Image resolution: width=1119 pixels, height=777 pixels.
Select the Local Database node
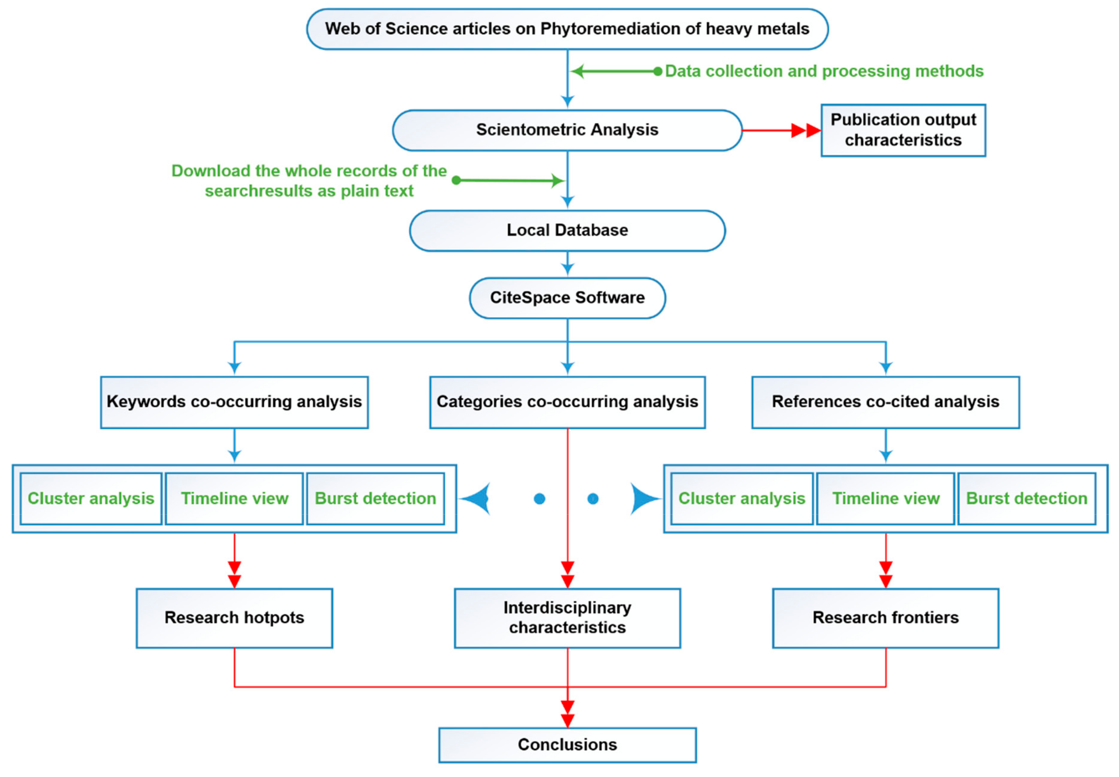[567, 230]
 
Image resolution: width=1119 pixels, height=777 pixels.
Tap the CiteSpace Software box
[567, 298]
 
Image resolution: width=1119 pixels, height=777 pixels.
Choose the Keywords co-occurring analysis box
[234, 402]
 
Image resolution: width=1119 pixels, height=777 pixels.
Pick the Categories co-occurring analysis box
[567, 402]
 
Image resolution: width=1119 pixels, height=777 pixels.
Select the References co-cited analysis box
[885, 402]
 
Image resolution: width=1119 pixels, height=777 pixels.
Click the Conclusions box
[567, 745]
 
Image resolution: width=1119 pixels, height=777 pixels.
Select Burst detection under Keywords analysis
[375, 499]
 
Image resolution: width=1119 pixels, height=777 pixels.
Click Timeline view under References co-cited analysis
[885, 499]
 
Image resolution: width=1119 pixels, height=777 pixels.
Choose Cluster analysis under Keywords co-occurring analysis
[91, 499]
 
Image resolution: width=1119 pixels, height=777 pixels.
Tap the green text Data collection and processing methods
[824, 71]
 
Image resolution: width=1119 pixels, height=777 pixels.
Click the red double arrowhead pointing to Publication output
[806, 130]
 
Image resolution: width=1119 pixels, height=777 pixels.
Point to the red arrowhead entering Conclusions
[568, 714]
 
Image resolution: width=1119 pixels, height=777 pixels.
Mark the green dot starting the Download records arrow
[456, 181]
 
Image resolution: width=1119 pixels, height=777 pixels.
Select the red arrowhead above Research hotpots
[234, 575]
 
